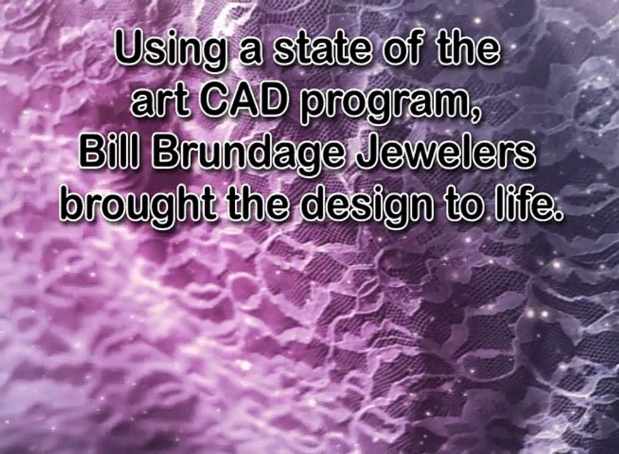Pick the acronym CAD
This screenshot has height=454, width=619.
242,101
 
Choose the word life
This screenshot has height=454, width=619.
523,204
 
